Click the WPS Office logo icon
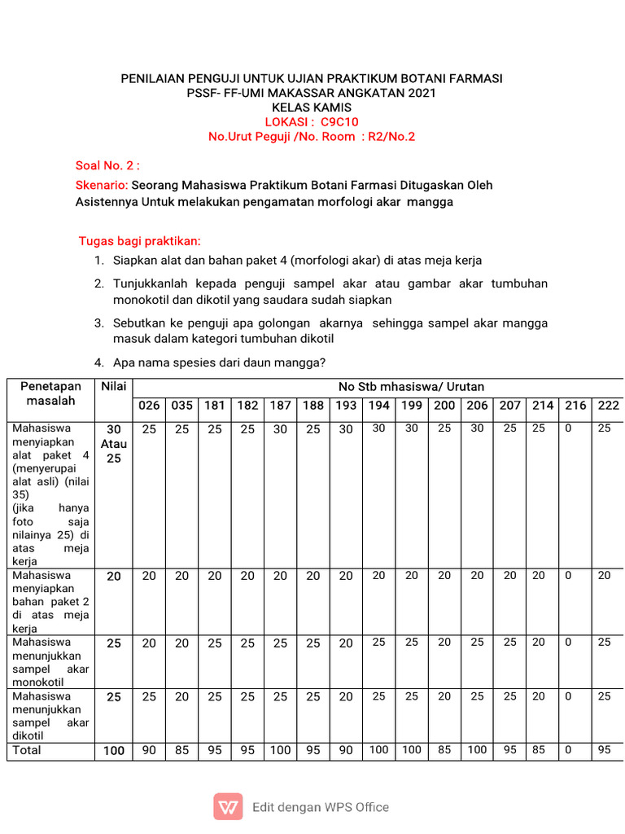(228, 807)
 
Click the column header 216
(575, 405)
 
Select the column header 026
(149, 405)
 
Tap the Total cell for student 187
(280, 750)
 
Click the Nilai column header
(113, 386)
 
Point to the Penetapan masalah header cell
(50, 393)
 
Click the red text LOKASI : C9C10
(312, 122)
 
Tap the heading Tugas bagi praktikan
(139, 241)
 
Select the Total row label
(27, 750)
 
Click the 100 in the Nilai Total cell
(113, 750)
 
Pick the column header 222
(608, 405)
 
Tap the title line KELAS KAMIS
(312, 108)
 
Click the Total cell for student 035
(181, 750)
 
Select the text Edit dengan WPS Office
(321, 807)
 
